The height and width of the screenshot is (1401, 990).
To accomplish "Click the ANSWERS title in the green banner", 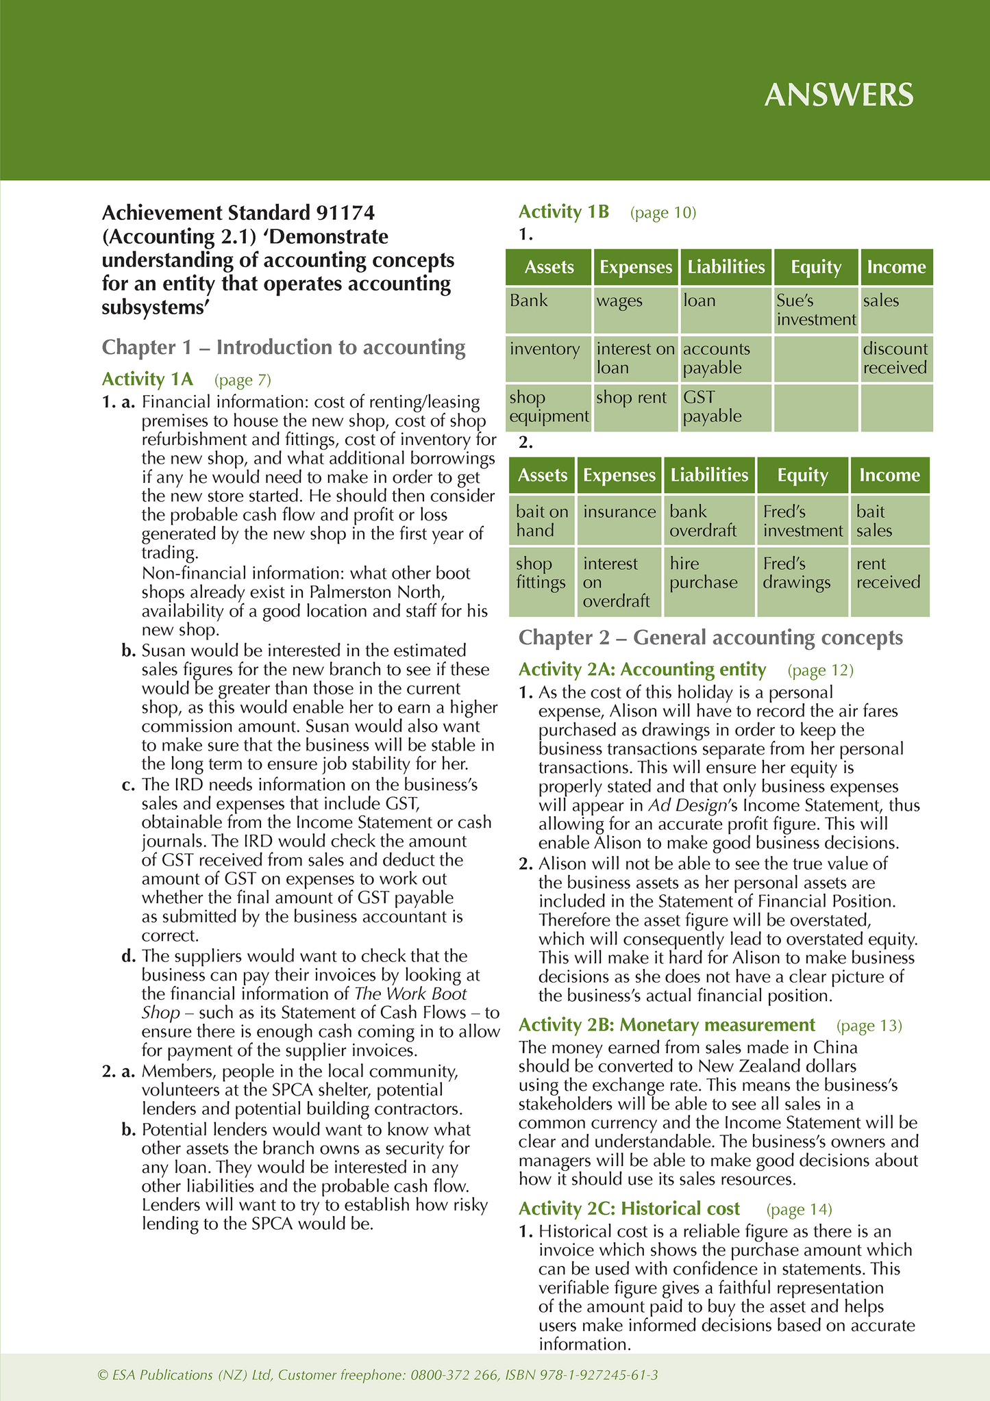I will pos(839,94).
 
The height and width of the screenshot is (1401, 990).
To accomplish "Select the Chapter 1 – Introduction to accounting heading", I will pos(283,347).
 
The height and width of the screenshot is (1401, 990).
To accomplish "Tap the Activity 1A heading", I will pos(147,379).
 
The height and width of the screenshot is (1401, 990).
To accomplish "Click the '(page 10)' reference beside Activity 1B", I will pos(663,213).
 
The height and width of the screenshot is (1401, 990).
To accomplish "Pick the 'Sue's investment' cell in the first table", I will pos(816,310).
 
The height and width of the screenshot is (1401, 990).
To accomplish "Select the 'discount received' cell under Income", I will pos(895,358).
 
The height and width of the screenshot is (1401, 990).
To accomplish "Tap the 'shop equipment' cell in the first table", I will pos(549,407).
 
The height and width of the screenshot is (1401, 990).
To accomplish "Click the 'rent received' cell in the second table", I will pos(888,573).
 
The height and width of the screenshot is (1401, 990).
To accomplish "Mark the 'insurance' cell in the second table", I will pos(619,512).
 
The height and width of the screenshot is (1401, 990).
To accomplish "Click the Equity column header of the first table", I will pos(815,267).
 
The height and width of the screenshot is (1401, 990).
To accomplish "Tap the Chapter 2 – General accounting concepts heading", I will pos(710,638).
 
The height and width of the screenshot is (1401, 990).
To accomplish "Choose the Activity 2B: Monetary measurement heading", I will pos(667,1025).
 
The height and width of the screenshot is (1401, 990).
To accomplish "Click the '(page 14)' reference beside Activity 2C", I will pos(799,1210).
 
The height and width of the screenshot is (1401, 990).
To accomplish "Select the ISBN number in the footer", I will pos(582,1375).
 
